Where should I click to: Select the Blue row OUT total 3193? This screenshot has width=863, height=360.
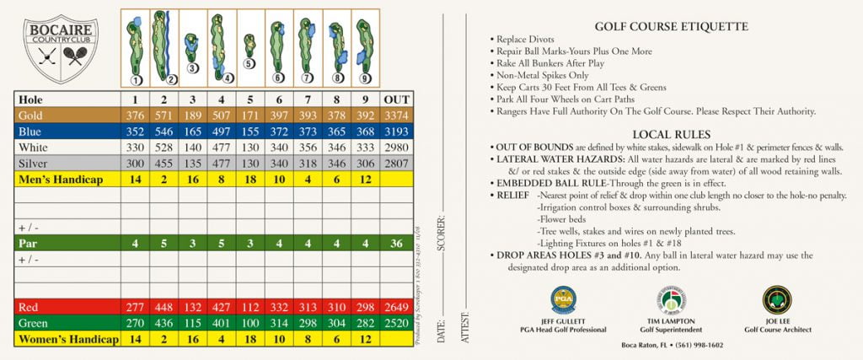click(x=396, y=132)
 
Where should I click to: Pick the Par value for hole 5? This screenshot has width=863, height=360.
click(x=249, y=244)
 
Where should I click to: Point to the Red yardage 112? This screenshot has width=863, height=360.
click(x=249, y=307)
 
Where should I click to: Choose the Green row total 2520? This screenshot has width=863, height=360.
click(x=396, y=323)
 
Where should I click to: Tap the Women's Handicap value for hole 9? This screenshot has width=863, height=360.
click(x=364, y=339)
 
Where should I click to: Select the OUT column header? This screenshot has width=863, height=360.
click(x=396, y=99)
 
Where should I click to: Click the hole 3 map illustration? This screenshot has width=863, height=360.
click(x=192, y=51)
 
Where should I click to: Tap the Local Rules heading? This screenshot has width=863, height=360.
click(x=671, y=134)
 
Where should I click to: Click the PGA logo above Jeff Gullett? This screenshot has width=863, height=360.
click(x=563, y=299)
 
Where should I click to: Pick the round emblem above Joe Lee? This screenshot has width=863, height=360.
click(x=776, y=299)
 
